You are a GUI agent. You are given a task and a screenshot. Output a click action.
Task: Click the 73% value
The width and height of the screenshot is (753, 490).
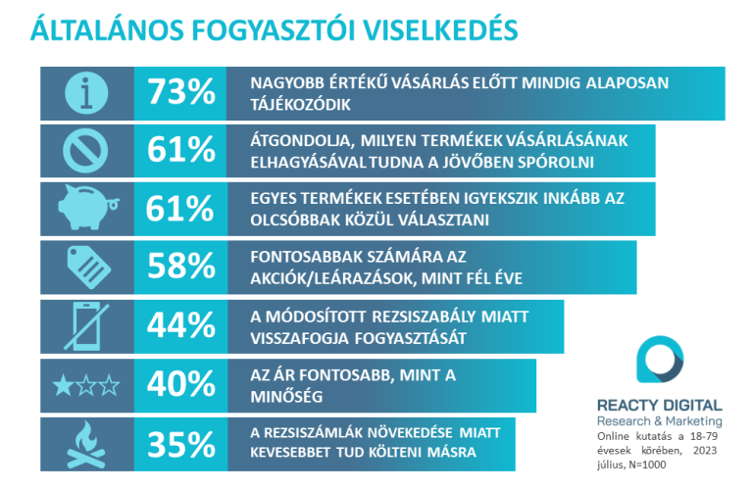[180, 92]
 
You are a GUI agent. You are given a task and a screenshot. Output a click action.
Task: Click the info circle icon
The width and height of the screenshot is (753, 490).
[86, 92]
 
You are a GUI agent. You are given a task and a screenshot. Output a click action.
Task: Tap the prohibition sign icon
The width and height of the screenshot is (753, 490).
[86, 151]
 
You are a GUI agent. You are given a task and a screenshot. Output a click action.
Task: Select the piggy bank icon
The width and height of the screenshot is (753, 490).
[86, 210]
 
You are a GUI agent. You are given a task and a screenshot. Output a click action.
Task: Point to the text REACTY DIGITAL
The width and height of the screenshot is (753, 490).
[659, 405]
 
